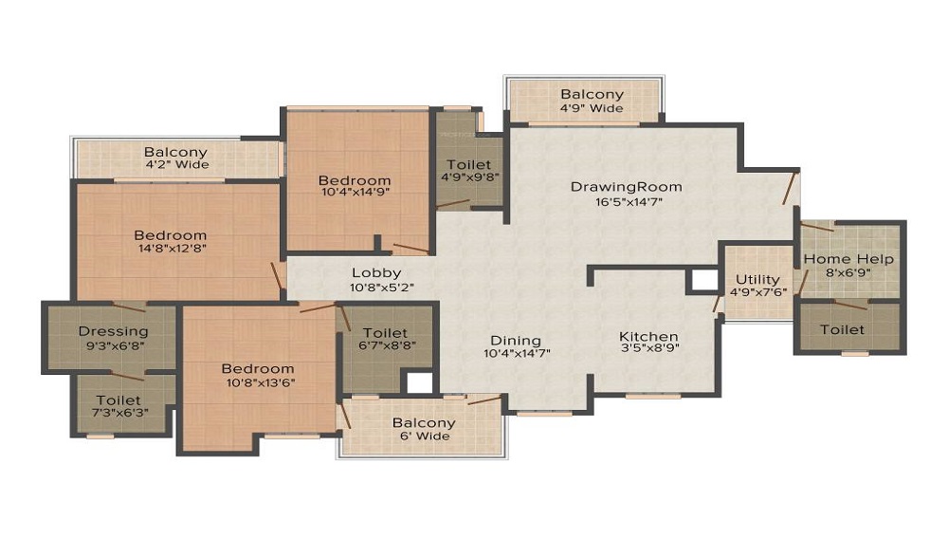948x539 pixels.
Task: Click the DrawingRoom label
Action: pyautogui.click(x=626, y=186)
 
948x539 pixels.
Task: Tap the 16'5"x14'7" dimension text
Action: pyautogui.click(x=626, y=201)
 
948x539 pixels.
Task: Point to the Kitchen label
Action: pyautogui.click(x=648, y=337)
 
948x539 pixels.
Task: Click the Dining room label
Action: pyautogui.click(x=516, y=341)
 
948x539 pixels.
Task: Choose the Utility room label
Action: pyautogui.click(x=758, y=280)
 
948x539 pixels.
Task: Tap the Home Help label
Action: pyautogui.click(x=848, y=259)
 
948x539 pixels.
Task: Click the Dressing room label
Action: pyautogui.click(x=113, y=331)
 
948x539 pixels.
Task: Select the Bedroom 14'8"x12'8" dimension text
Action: pyautogui.click(x=170, y=249)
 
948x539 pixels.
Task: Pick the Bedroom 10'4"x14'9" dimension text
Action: pyautogui.click(x=355, y=193)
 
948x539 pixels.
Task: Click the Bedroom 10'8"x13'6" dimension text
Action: pyautogui.click(x=258, y=382)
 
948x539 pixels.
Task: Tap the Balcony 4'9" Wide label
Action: pyautogui.click(x=592, y=108)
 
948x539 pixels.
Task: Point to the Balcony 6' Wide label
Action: pyautogui.click(x=424, y=437)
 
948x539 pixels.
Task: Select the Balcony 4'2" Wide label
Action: pyautogui.click(x=175, y=165)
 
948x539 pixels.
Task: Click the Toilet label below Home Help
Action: pyautogui.click(x=842, y=329)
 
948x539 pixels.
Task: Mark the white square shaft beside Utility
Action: pyautogui.click(x=703, y=280)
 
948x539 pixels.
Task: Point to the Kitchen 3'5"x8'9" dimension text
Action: pyautogui.click(x=648, y=350)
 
